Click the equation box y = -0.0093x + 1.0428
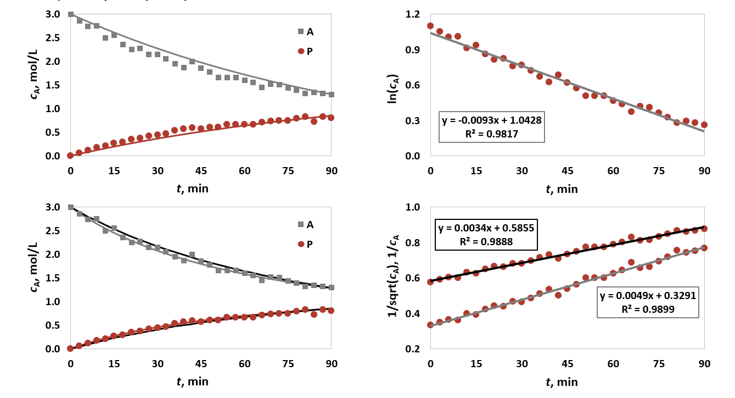tap(491, 127)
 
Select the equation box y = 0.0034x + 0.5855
tap(486, 235)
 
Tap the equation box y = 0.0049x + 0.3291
tap(648, 302)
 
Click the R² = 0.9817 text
tap(491, 134)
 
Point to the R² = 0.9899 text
tap(648, 309)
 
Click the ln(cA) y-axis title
tap(393, 89)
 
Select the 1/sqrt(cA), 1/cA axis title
tap(393, 276)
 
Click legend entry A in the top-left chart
tap(306, 31)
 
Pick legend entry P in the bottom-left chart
tap(305, 244)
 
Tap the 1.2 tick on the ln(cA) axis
tap(412, 14)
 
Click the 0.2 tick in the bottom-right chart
tap(412, 349)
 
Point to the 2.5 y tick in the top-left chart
tap(53, 38)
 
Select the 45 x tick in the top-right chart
tap(568, 170)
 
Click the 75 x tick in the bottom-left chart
tap(288, 363)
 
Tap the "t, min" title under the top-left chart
tap(193, 189)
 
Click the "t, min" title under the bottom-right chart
tap(562, 382)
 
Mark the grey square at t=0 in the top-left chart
tap(71, 14)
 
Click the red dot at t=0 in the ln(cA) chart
tap(430, 26)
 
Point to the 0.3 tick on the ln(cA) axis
tap(412, 120)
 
